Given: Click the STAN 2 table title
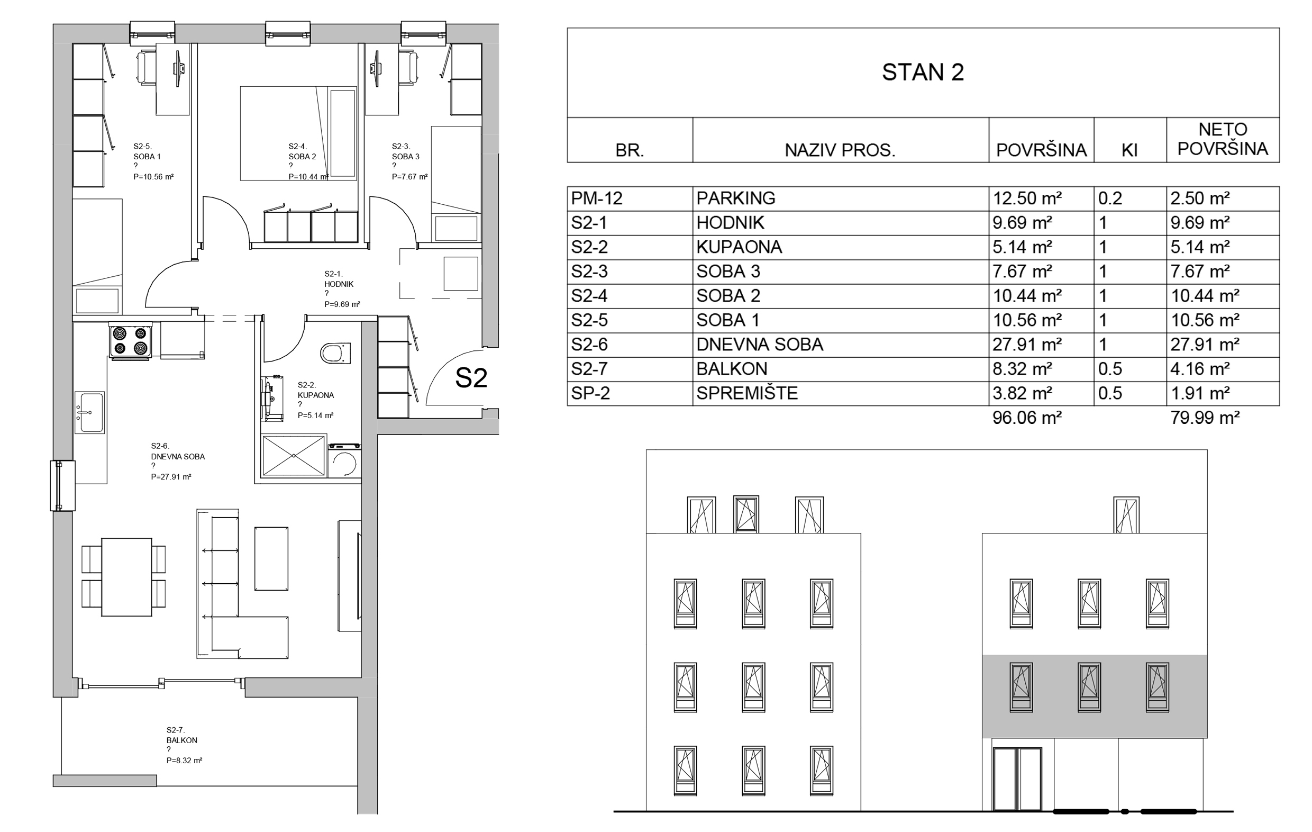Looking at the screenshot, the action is point(923,72).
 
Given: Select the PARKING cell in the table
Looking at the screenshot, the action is point(735,198).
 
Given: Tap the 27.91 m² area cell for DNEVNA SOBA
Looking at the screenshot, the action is point(1026,345).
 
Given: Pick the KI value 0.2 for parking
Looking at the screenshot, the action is point(1110,198).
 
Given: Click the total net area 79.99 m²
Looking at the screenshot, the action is point(1205,418).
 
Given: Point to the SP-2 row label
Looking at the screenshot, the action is point(590,393).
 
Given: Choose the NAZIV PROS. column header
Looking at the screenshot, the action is point(840,150).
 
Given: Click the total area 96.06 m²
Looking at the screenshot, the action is point(1026,418).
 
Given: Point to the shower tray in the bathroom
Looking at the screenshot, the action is point(294,455).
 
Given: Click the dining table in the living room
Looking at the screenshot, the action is point(126,577).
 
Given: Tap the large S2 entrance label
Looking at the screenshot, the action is point(471,378).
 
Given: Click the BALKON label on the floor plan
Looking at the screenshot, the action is point(182,740).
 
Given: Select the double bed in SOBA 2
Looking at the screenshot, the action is point(298,133).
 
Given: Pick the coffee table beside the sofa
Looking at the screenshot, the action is point(271,558).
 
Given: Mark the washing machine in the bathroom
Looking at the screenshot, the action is point(344,462).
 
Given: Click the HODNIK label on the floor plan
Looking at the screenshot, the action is point(339,284).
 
